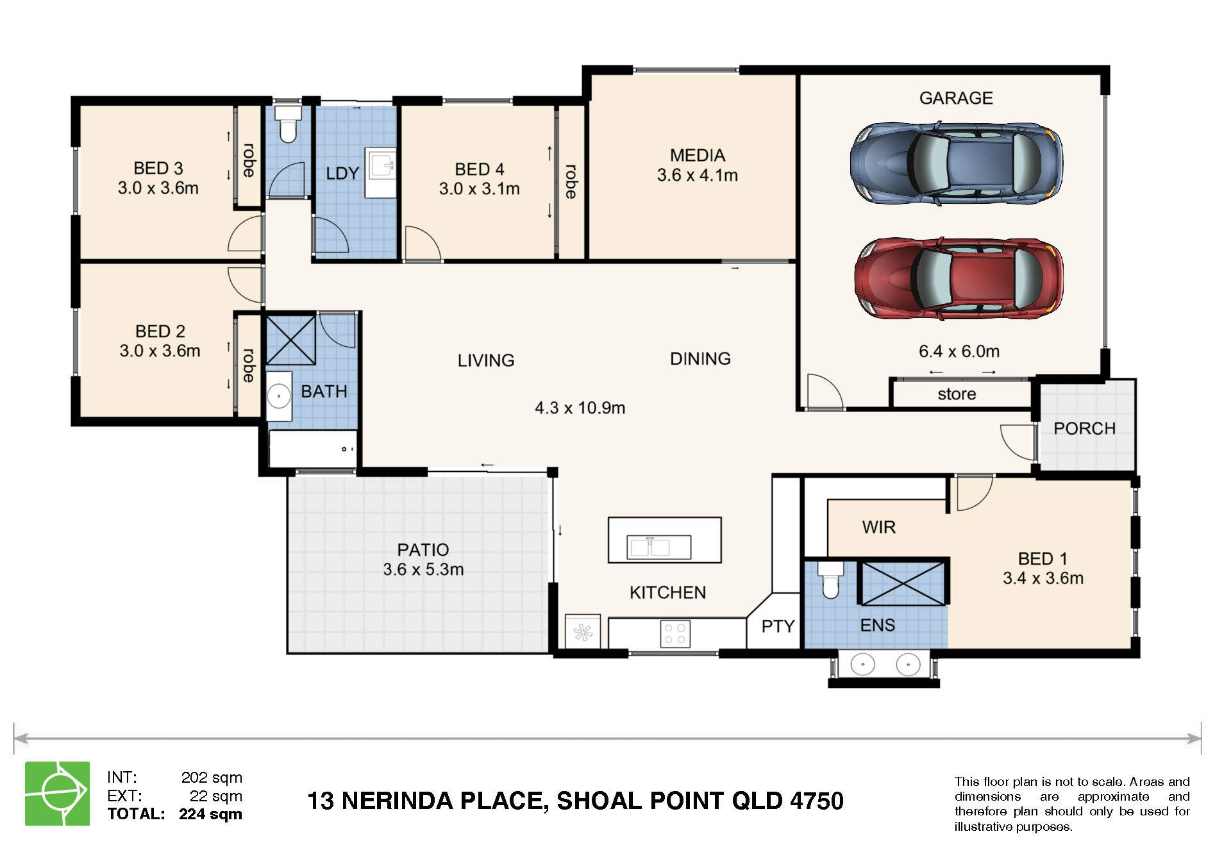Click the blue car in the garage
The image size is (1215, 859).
point(956,163)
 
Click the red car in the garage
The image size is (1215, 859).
point(959,279)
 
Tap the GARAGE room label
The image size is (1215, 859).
point(956,98)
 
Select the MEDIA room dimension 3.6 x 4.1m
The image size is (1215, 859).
point(698,175)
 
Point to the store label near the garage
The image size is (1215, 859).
point(957,394)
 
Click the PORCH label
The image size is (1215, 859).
point(1084,428)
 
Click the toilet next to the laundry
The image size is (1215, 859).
point(287,124)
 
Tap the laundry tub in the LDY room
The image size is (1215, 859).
point(380,172)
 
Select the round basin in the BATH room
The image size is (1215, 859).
point(279,396)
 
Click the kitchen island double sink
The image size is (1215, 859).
point(658,547)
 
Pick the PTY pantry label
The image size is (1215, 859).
point(778,626)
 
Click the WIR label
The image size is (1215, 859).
point(878,528)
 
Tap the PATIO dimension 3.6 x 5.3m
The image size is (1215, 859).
point(423,569)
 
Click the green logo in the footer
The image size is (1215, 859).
point(57,794)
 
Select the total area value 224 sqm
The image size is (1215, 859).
point(210,814)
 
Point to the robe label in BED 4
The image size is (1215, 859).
point(571,181)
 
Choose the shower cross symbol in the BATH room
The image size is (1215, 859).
point(290,340)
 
